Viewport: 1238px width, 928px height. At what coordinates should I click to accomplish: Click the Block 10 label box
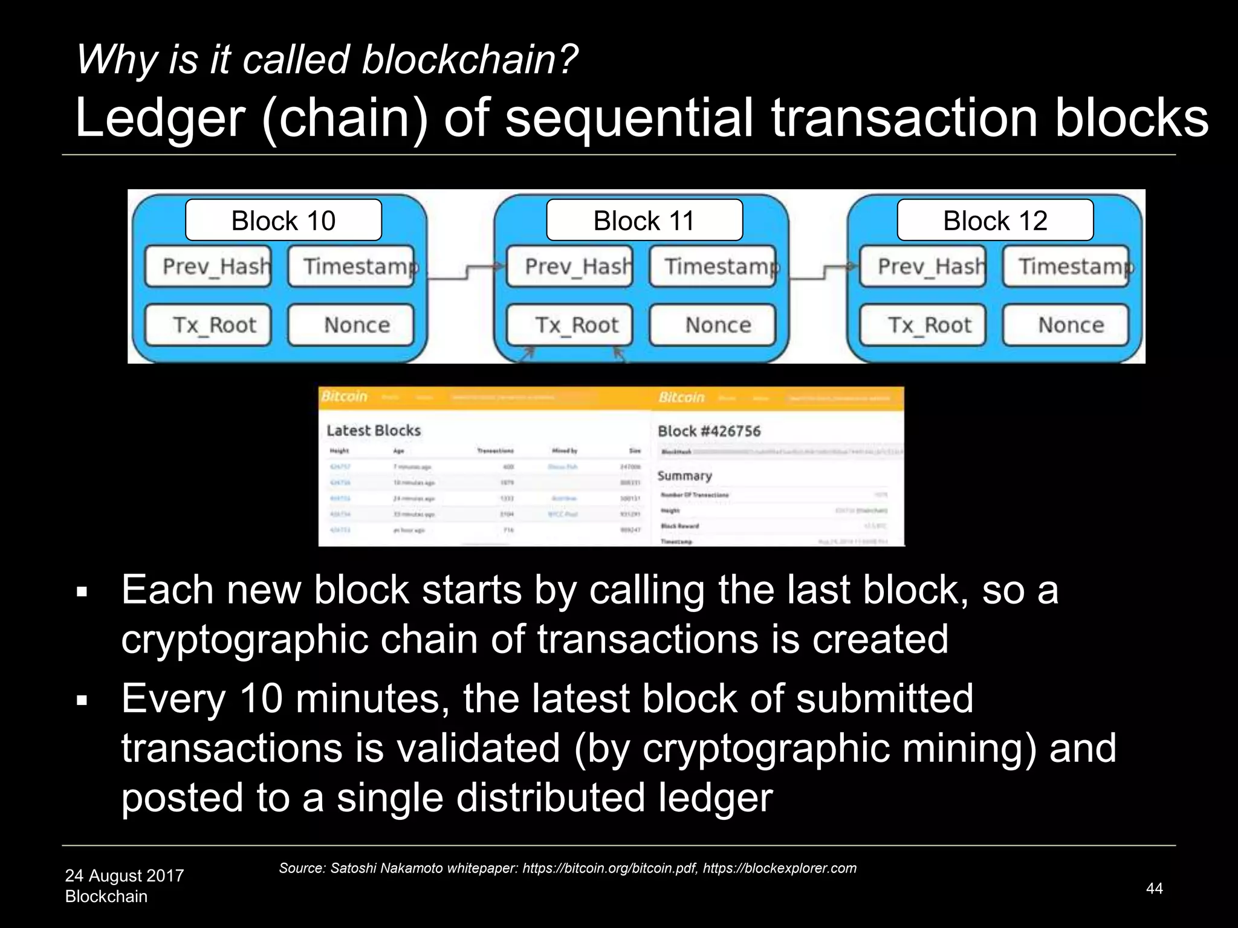coord(284,221)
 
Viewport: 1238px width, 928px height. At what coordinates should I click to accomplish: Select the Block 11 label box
coord(644,221)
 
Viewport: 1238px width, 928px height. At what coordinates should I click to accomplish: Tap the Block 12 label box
coord(995,221)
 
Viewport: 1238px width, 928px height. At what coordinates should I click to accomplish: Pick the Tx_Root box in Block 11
coord(569,325)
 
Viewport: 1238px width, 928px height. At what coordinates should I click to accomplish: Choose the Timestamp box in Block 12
coord(1066,266)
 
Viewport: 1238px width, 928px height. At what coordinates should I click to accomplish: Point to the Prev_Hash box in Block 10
coord(209,266)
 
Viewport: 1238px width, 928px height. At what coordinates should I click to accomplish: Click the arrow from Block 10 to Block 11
coord(465,272)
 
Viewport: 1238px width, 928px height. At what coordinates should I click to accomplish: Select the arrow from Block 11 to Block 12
coord(823,272)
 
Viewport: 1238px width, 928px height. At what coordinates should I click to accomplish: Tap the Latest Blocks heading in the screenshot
coord(374,431)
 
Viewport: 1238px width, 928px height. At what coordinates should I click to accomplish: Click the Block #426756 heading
coord(709,431)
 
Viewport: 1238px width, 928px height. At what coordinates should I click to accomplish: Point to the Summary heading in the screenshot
coord(685,476)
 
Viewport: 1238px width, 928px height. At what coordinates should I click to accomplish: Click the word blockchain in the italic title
coord(470,60)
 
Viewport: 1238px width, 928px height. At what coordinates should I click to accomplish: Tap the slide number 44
coord(1155,888)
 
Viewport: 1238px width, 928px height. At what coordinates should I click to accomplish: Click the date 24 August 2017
coord(125,875)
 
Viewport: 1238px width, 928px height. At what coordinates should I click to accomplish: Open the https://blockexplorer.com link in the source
coord(780,868)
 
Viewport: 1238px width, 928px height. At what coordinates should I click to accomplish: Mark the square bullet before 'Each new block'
coord(82,591)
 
